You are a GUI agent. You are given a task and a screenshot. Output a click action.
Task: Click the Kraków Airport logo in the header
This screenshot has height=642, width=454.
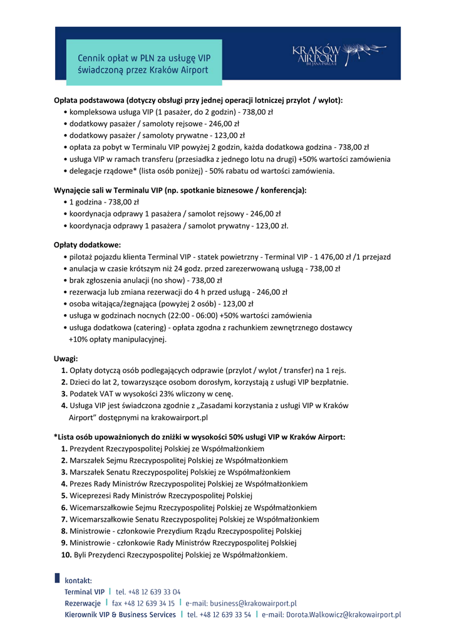point(325,55)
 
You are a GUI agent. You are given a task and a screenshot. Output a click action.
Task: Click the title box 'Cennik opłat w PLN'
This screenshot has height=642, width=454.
point(144,63)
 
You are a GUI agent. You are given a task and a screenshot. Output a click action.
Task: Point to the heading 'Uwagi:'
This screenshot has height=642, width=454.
point(66,358)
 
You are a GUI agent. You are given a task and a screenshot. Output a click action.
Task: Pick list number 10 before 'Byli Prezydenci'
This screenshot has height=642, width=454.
point(66,555)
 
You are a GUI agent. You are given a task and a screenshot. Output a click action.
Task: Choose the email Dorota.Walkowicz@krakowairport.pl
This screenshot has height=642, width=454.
point(343,615)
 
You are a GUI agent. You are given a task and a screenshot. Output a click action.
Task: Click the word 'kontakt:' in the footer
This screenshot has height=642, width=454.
point(78,581)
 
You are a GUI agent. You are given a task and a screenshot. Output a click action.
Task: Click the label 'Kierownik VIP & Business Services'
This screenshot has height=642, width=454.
point(120,615)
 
